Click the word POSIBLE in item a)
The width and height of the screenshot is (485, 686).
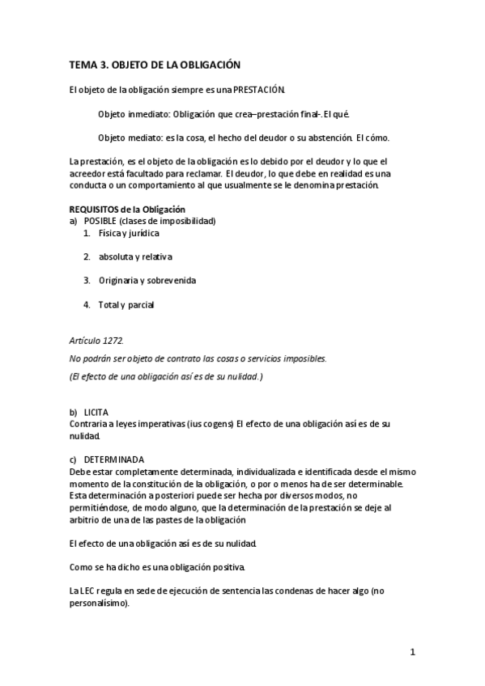(x=100, y=221)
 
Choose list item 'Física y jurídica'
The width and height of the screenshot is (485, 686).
(x=129, y=233)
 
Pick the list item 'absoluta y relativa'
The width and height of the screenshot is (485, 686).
(x=135, y=256)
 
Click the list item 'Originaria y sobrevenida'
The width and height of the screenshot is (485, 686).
(x=147, y=281)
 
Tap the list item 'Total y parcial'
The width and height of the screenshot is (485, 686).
(x=126, y=305)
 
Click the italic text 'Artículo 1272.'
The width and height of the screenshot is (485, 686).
(x=96, y=341)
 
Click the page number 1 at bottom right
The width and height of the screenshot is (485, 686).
(x=412, y=651)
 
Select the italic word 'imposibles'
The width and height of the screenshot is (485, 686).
(x=306, y=358)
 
